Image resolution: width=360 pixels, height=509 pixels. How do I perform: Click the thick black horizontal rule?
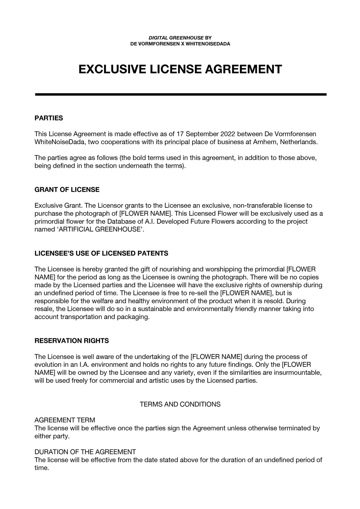point(180,95)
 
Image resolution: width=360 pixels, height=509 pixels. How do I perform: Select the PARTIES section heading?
point(49,118)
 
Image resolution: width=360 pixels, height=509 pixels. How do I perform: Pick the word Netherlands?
point(299,142)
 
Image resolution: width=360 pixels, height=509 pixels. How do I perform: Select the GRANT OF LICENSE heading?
point(67,190)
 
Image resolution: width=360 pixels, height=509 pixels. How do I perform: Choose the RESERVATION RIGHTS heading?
point(72,341)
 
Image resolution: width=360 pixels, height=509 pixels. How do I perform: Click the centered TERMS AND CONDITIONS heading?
point(180,404)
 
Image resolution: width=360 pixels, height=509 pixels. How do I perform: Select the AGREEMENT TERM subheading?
point(65,420)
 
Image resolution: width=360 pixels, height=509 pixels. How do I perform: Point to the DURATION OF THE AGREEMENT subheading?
point(85,452)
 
